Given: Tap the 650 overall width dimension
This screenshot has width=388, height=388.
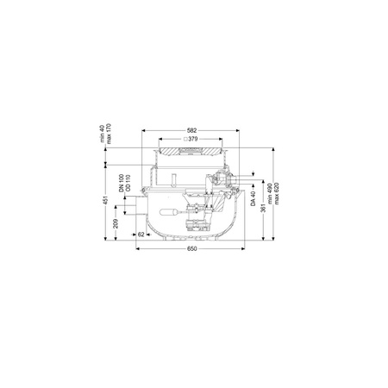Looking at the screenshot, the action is tap(192, 248).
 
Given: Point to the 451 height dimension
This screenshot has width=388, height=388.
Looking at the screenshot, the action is tap(106, 200).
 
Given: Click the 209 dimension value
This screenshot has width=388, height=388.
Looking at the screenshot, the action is tap(116, 223).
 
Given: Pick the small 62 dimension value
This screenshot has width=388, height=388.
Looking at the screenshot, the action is tap(141, 235).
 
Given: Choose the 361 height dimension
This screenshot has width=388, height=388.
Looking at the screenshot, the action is tap(263, 208).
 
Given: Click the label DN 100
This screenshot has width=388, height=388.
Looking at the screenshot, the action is tap(122, 183).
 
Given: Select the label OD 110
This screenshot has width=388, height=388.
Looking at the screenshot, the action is tap(128, 183).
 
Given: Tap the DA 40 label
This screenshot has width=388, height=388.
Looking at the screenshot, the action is tap(253, 198).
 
